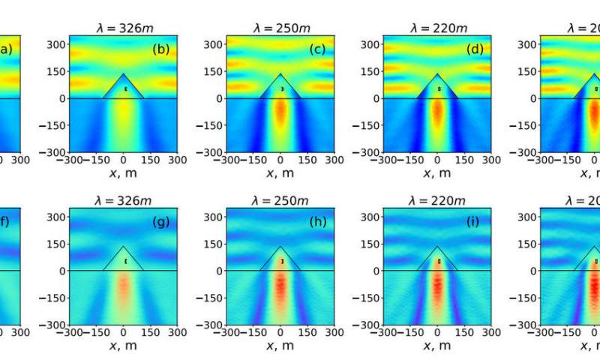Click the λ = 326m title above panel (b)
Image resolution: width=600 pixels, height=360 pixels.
click(124, 28)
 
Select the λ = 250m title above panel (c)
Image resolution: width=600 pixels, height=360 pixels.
click(280, 28)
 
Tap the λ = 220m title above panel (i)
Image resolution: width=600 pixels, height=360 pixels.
click(438, 201)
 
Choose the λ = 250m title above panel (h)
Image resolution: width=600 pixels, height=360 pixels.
click(280, 201)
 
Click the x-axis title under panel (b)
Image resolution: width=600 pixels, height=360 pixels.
click(124, 173)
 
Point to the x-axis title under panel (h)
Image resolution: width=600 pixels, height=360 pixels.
click(280, 346)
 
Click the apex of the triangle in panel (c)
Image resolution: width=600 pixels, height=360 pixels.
click(280, 73)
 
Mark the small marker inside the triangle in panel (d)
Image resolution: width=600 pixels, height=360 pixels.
click(439, 88)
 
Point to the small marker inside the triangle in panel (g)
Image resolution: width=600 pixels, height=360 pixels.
click(125, 261)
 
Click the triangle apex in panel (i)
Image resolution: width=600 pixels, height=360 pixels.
click(438, 246)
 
